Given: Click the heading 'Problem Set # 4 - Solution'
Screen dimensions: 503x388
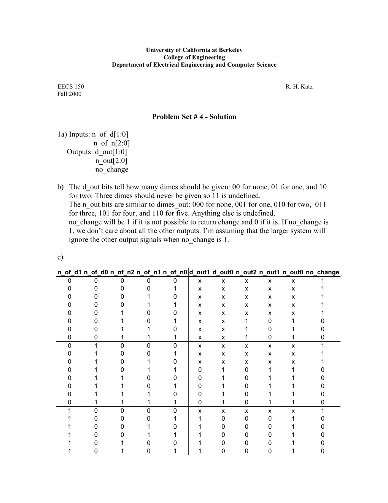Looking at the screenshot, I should click(x=194, y=117).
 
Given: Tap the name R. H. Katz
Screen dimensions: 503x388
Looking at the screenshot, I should click(x=299, y=87).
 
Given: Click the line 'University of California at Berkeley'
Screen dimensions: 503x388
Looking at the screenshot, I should click(x=194, y=50).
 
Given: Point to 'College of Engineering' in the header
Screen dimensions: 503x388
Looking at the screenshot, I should click(x=194, y=58).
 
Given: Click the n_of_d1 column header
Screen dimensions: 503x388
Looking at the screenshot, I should click(x=69, y=272).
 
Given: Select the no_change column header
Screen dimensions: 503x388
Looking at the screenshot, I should click(x=322, y=272).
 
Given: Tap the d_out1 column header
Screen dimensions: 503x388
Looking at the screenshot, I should click(x=200, y=272).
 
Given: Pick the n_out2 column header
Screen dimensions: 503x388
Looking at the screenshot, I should click(x=246, y=272).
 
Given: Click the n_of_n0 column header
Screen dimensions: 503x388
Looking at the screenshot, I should click(x=175, y=272).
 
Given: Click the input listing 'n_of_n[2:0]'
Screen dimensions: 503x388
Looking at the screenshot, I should click(x=111, y=143).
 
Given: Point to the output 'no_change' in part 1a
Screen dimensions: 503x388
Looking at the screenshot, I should click(x=111, y=170).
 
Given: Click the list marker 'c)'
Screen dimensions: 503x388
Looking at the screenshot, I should click(x=60, y=257).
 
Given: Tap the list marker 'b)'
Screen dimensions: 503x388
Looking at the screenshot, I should click(x=60, y=187).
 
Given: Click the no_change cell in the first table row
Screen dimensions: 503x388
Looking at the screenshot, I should click(x=323, y=281).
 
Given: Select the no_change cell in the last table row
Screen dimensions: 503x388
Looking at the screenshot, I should click(x=323, y=451).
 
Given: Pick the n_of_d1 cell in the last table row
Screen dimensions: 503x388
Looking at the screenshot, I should click(x=69, y=451).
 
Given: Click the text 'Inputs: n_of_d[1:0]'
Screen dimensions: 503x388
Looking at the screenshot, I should click(x=99, y=135).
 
